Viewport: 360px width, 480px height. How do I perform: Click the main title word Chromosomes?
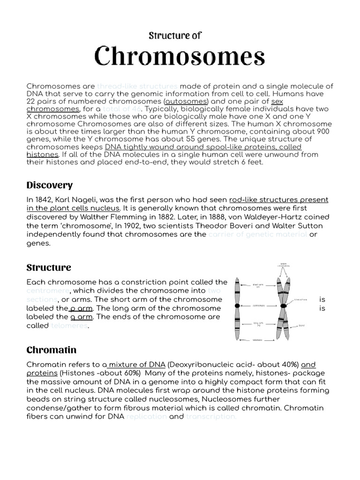[x=180, y=56]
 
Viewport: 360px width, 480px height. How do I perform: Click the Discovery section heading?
[x=49, y=185]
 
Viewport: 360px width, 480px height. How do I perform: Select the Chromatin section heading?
[x=51, y=350]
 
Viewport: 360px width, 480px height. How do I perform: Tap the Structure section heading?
[x=49, y=268]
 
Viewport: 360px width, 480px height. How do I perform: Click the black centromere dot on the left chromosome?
[x=238, y=306]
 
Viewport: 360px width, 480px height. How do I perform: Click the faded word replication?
[x=146, y=416]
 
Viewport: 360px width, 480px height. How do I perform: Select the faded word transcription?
[x=211, y=416]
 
